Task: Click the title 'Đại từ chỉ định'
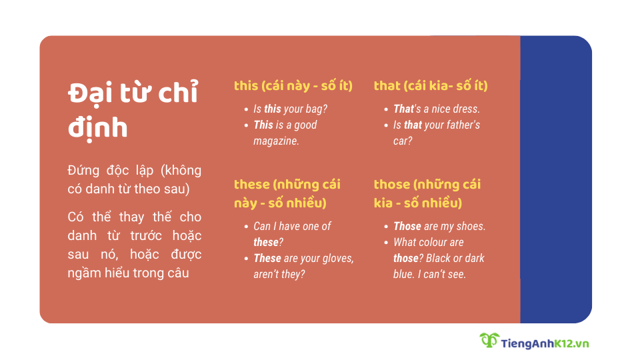tap(133, 109)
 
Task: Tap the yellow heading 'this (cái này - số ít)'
tap(293, 86)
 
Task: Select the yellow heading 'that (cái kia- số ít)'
tap(431, 86)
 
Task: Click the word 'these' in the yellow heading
tap(252, 185)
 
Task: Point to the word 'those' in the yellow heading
tap(391, 185)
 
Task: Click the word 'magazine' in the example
tap(276, 141)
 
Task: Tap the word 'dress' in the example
tap(465, 109)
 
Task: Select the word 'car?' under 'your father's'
tap(403, 141)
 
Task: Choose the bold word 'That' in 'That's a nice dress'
tap(403, 109)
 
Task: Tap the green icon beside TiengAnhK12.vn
tap(489, 341)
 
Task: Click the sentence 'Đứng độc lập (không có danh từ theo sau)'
tap(134, 179)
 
